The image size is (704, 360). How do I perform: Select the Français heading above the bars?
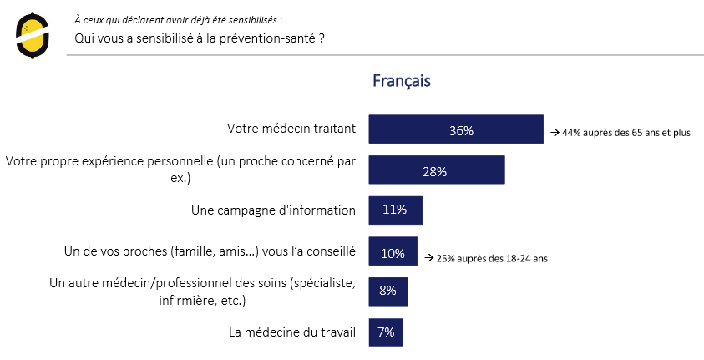point(401,81)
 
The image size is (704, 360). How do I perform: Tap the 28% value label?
point(434,171)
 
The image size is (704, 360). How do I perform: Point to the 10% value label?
point(393,253)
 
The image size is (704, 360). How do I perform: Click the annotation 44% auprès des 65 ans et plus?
point(625,133)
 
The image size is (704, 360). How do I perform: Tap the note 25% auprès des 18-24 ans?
point(491,258)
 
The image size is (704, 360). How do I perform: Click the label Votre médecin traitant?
point(291,129)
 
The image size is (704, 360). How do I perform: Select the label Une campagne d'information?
point(274,210)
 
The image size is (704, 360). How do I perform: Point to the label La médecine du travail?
point(292,332)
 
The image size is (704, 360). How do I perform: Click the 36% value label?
point(461,131)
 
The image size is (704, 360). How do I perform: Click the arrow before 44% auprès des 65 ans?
point(553,133)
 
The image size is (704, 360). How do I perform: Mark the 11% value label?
point(394,210)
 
